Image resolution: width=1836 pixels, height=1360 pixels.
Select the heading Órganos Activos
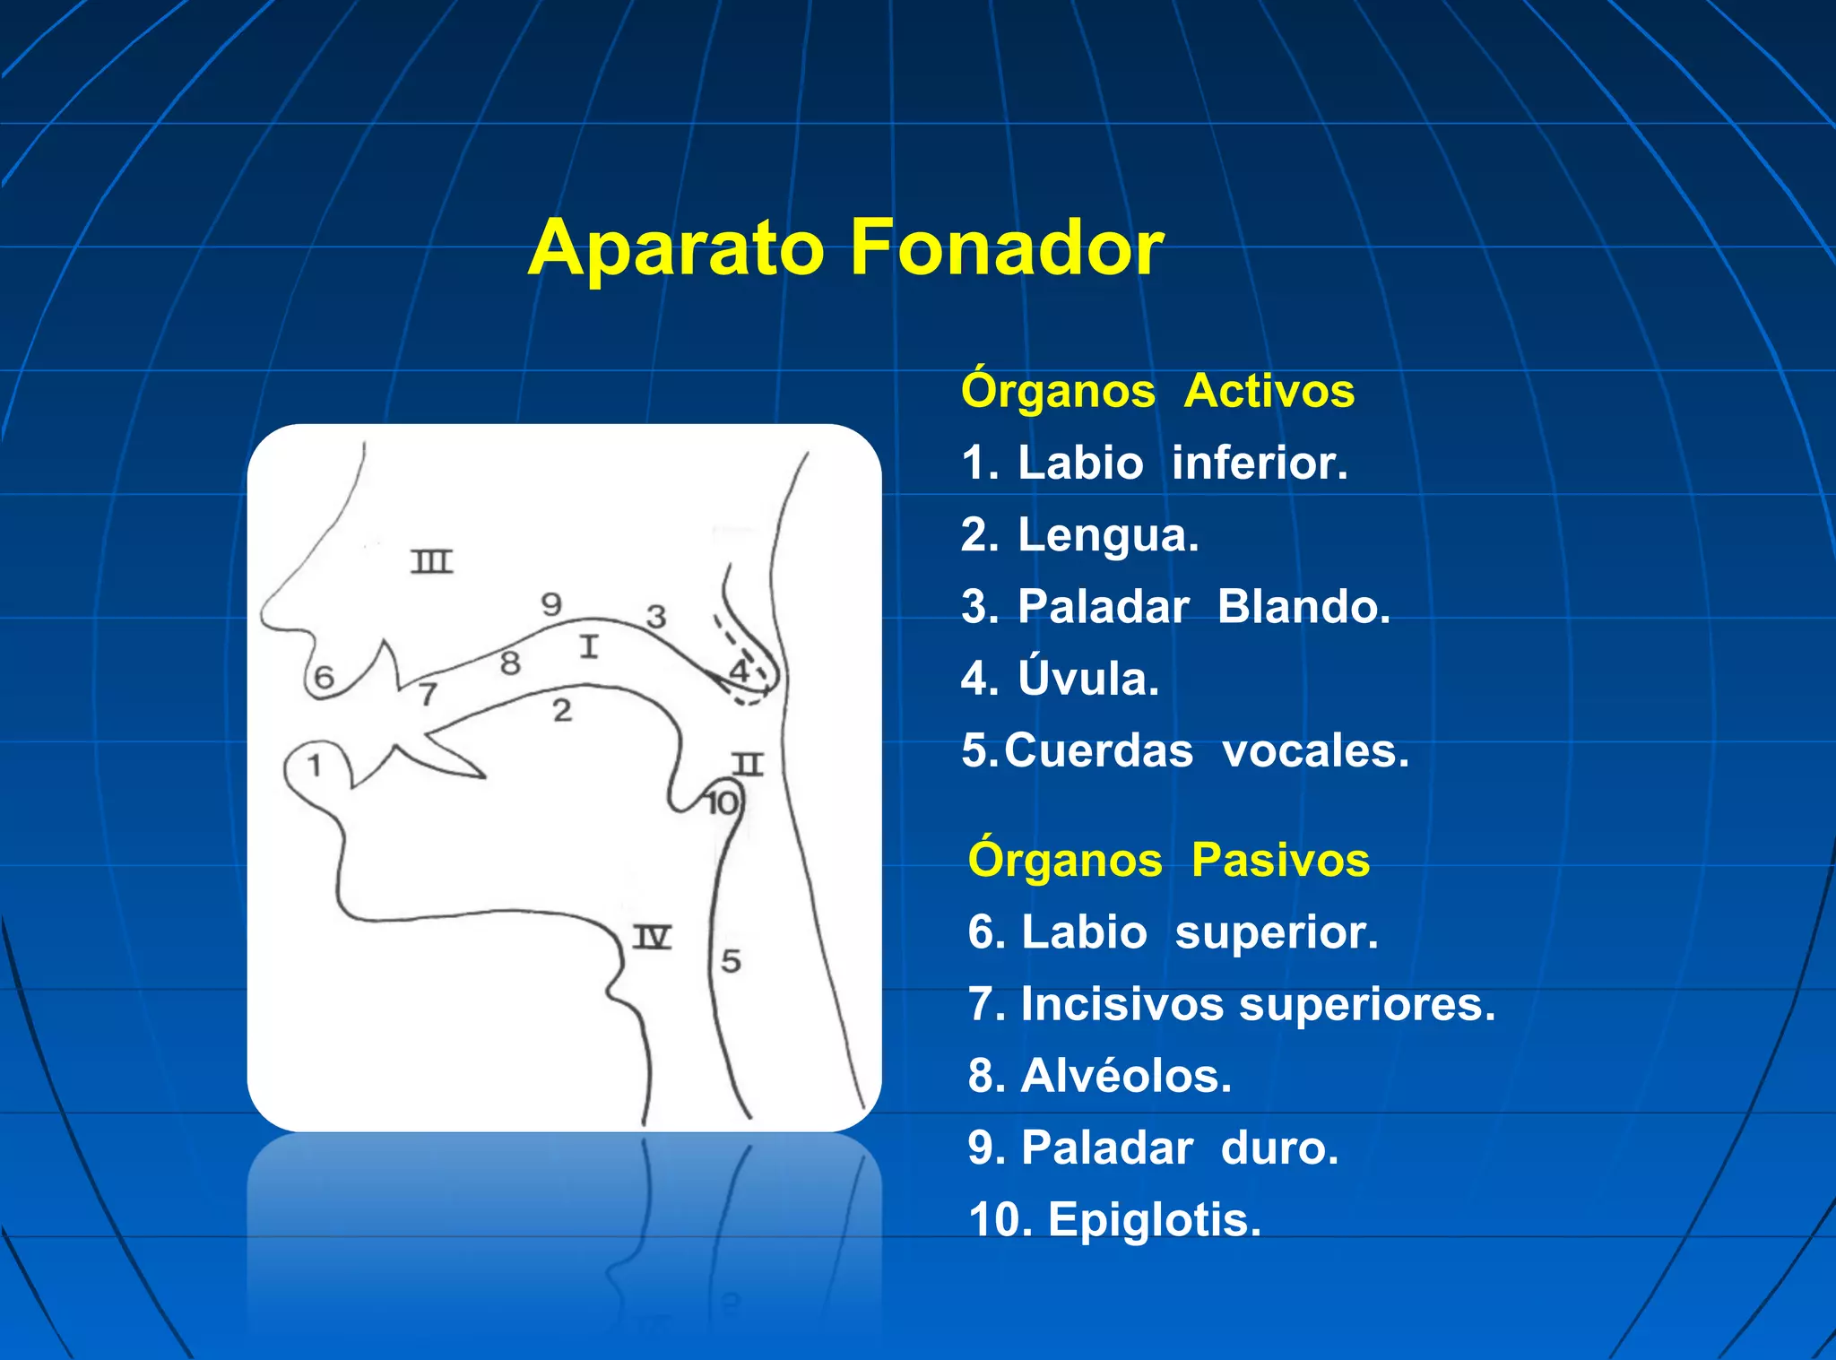click(x=1156, y=391)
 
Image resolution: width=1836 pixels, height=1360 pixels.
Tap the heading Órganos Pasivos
click(x=1168, y=860)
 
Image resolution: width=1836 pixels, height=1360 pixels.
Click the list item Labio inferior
click(x=1155, y=463)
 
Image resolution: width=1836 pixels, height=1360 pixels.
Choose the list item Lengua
click(x=1079, y=535)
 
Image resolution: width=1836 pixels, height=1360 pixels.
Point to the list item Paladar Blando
click(x=1175, y=607)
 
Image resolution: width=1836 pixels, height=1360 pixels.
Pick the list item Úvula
click(x=1060, y=679)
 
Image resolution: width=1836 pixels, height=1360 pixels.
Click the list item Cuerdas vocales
click(x=1185, y=750)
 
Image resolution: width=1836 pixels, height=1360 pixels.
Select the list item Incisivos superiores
click(x=1232, y=1004)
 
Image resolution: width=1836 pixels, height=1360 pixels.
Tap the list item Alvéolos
click(x=1100, y=1076)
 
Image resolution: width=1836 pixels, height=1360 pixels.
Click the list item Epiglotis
click(x=1114, y=1219)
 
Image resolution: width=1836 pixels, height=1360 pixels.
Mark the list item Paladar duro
click(x=1153, y=1148)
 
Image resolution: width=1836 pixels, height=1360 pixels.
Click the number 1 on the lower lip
click(x=315, y=766)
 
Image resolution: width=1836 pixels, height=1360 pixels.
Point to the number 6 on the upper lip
click(x=324, y=677)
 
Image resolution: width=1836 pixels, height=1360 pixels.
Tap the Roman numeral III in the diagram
click(x=432, y=562)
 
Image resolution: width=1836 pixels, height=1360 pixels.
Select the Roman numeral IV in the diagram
click(x=652, y=938)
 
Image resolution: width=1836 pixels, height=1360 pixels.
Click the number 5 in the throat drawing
click(x=732, y=961)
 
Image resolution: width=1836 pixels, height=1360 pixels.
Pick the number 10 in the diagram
click(x=722, y=803)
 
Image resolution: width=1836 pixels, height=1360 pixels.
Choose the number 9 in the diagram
click(x=551, y=604)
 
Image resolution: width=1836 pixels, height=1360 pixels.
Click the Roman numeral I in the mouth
click(x=588, y=646)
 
